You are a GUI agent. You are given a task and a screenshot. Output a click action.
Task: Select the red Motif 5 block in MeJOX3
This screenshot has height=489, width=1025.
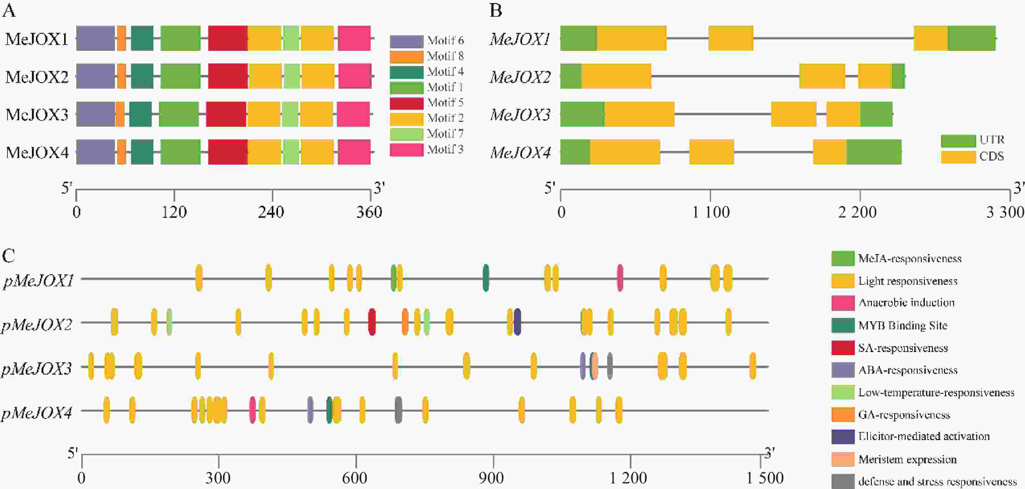[226, 114]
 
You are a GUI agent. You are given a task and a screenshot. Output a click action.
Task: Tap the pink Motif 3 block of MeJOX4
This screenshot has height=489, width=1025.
[354, 152]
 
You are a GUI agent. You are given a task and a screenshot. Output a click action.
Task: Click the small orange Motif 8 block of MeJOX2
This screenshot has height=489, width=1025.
[121, 76]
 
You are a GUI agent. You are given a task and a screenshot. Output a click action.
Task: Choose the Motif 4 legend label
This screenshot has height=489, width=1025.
[445, 72]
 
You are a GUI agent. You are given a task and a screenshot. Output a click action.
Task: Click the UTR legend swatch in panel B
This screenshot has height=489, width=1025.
[958, 140]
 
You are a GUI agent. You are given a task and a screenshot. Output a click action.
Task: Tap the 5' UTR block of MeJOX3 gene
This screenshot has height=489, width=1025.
[582, 114]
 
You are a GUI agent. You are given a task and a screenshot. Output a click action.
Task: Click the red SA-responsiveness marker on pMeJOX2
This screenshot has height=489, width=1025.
[372, 322]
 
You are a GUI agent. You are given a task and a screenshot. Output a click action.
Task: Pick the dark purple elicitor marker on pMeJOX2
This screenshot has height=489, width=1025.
[517, 322]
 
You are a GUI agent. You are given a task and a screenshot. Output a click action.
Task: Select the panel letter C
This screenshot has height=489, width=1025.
[9, 256]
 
